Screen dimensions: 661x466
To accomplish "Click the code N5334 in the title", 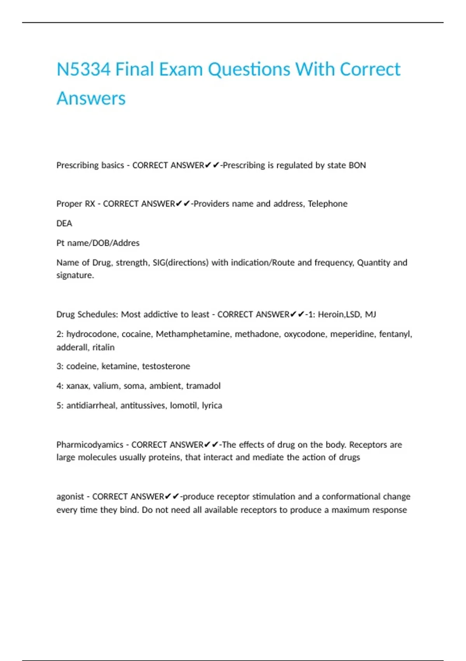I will click(x=83, y=69).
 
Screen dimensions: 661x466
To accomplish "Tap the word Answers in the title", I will click(x=91, y=98).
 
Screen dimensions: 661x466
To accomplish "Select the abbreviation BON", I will click(x=357, y=165).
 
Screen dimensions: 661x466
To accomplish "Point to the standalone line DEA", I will click(x=64, y=223).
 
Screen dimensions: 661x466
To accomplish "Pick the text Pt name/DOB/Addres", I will click(x=98, y=243).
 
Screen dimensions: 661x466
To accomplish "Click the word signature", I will click(x=75, y=275).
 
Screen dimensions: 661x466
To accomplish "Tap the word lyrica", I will click(x=212, y=406).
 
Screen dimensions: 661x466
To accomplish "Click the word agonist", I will click(x=70, y=497).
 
